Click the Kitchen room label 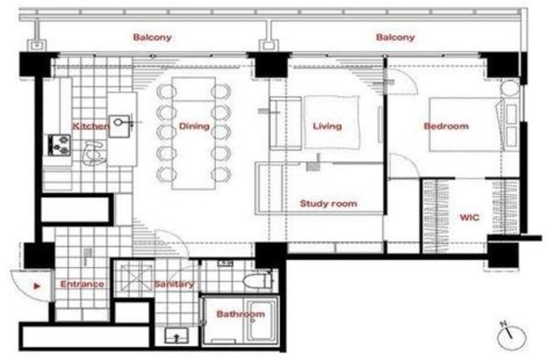(x=91, y=127)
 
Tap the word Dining (x=194, y=127)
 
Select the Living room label (x=328, y=126)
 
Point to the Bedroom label (x=446, y=126)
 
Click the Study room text (x=329, y=204)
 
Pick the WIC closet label (x=469, y=217)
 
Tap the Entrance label (x=82, y=284)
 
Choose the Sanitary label (x=173, y=284)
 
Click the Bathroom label (x=240, y=314)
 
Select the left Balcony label (x=153, y=37)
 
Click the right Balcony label (x=395, y=37)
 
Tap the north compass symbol (x=511, y=336)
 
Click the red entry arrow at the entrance (x=36, y=285)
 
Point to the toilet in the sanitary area (x=258, y=281)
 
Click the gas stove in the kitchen (x=59, y=145)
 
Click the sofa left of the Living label (x=285, y=123)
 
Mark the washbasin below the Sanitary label (x=177, y=336)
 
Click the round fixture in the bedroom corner (x=510, y=88)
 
